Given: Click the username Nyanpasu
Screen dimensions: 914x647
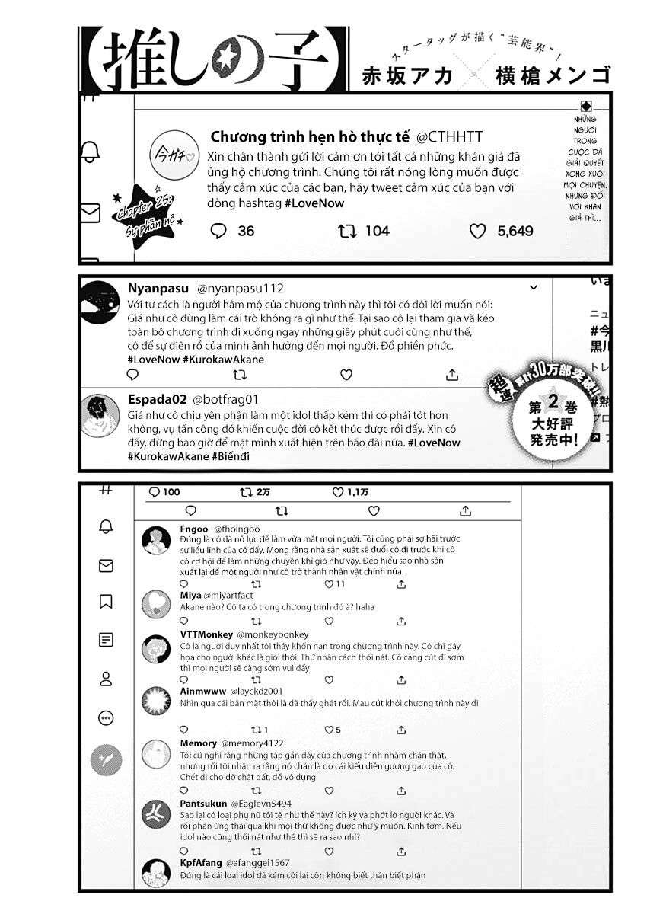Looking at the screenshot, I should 158,289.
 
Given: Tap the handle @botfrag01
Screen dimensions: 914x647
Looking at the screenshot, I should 225,399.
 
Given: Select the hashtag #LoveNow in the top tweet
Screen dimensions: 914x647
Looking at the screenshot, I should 314,203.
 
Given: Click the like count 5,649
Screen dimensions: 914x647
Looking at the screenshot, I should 515,231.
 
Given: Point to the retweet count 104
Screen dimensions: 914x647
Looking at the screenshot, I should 377,231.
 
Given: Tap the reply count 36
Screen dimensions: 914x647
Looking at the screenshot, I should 246,231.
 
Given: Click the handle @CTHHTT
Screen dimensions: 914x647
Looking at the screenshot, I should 449,137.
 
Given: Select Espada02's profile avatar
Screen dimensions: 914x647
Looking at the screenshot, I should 100,412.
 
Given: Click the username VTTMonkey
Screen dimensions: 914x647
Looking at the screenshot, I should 206,634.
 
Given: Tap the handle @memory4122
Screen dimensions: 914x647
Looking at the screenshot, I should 252,743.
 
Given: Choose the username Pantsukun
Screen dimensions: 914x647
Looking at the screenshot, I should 203,803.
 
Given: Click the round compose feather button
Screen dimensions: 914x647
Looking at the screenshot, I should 106,758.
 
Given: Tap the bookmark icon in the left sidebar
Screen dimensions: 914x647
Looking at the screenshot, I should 106,602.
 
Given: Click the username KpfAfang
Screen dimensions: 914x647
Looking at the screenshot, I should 199,862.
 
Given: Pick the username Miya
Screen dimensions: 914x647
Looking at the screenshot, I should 190,595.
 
